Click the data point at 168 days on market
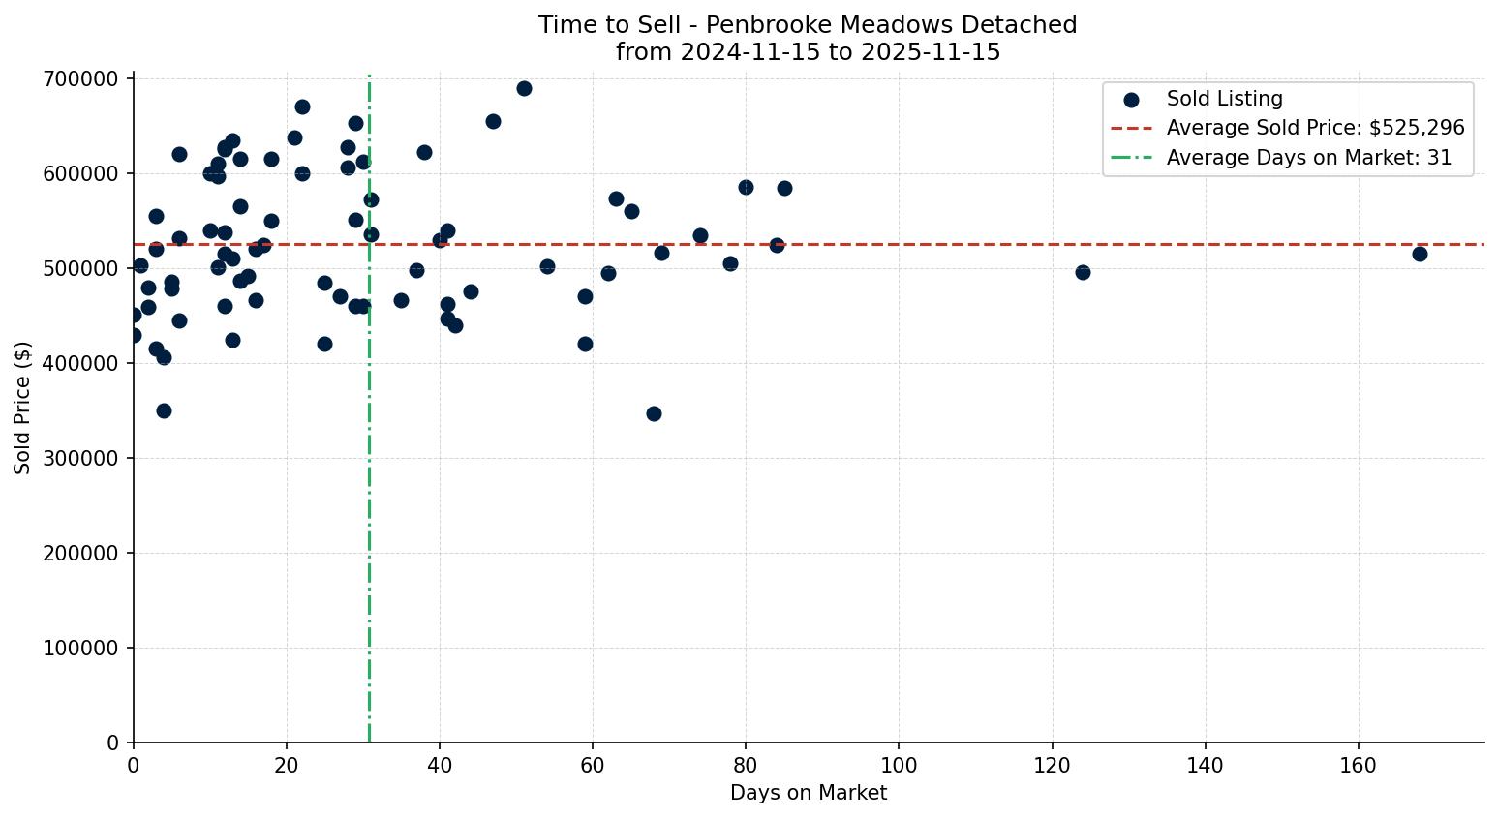pyautogui.click(x=1420, y=254)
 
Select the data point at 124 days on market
pyautogui.click(x=1083, y=272)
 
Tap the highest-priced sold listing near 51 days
pyautogui.click(x=524, y=88)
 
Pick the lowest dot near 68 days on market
pyautogui.click(x=654, y=413)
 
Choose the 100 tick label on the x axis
pyautogui.click(x=899, y=766)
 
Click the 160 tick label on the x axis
pyautogui.click(x=1358, y=766)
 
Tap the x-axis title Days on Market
pyautogui.click(x=809, y=793)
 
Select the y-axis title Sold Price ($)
pyautogui.click(x=23, y=408)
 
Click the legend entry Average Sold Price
pyautogui.click(x=1315, y=128)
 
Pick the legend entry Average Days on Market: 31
pyautogui.click(x=1308, y=158)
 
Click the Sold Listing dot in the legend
pyautogui.click(x=1131, y=99)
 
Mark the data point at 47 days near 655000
pyautogui.click(x=493, y=121)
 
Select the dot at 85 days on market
pyautogui.click(x=784, y=188)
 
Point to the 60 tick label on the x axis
pyautogui.click(x=593, y=766)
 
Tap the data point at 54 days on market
pyautogui.click(x=547, y=266)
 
